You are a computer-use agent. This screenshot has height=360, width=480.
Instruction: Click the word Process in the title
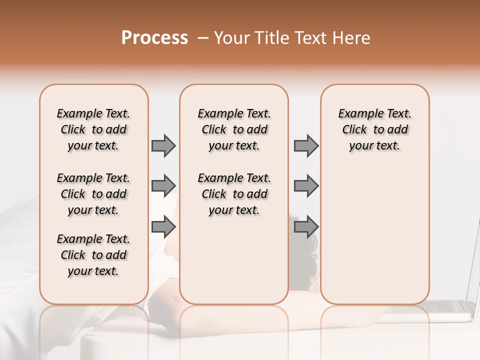tap(154, 38)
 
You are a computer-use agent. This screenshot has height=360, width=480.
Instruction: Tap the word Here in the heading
tap(352, 38)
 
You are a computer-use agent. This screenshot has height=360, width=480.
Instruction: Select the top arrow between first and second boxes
tap(163, 145)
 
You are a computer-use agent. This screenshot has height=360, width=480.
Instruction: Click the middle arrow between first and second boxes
tap(163, 185)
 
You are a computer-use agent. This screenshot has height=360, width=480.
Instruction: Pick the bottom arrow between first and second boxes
tap(163, 227)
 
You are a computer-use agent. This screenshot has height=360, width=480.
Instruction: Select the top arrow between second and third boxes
tap(306, 145)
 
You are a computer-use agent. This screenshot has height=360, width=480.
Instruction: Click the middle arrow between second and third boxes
tap(306, 185)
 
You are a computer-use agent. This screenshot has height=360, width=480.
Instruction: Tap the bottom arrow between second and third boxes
tap(306, 227)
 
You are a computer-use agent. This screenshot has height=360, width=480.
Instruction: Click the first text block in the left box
tap(93, 129)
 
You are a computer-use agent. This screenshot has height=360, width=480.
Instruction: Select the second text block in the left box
tap(93, 194)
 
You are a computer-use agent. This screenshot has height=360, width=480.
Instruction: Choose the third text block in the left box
tap(93, 255)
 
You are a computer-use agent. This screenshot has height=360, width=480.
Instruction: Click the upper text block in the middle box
tap(234, 129)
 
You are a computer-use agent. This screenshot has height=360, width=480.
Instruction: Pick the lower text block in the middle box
tap(234, 194)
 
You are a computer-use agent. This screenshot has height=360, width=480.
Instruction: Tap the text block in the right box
tap(374, 129)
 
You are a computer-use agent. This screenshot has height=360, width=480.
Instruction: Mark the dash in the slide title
tap(202, 38)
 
